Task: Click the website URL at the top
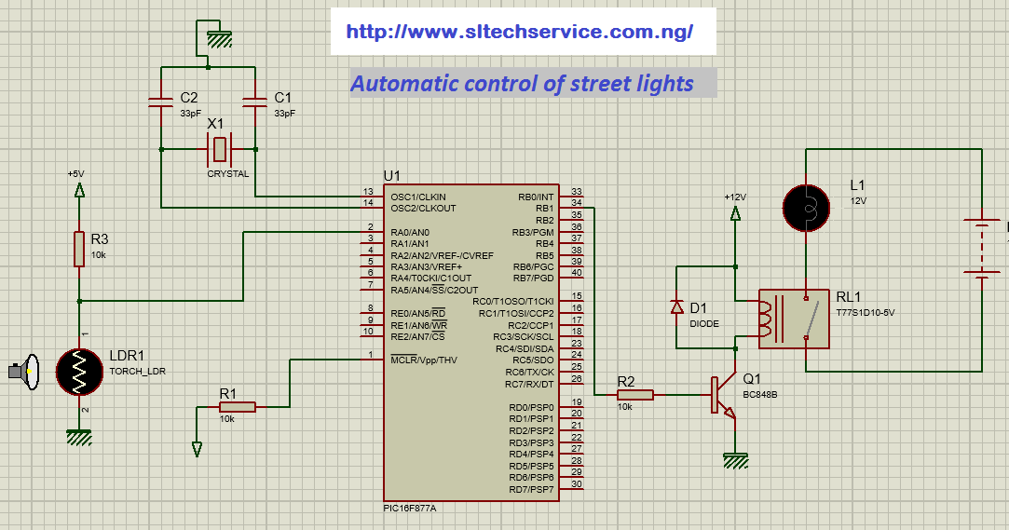[x=519, y=32]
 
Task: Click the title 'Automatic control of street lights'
[x=522, y=84]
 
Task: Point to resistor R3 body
[x=79, y=249]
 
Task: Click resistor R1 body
[x=237, y=406]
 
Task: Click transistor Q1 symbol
[x=723, y=395]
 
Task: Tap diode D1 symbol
[x=677, y=307]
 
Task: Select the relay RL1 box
[x=793, y=319]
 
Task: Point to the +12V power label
[x=735, y=197]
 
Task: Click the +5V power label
[x=75, y=173]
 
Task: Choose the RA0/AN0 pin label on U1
[x=410, y=232]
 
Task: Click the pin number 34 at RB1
[x=577, y=203]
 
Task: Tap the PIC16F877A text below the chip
[x=410, y=509]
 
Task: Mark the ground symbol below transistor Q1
[x=736, y=459]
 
